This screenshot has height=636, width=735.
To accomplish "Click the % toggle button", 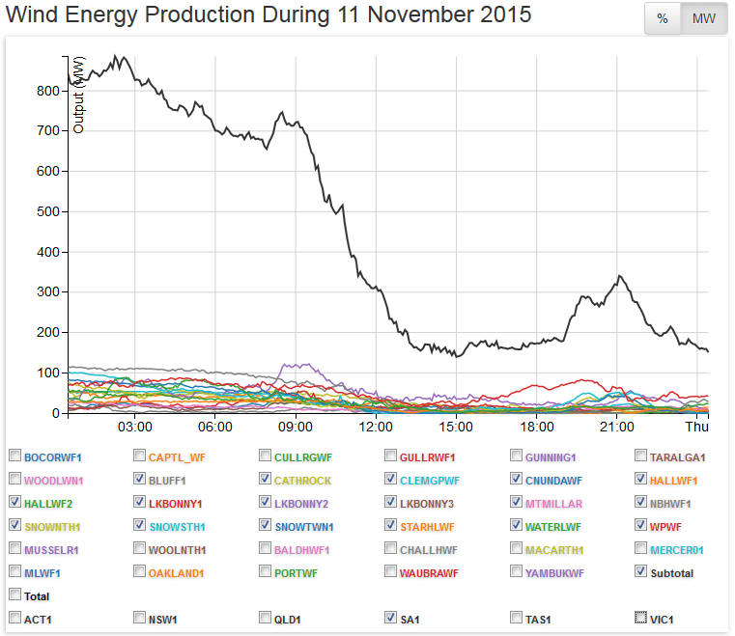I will pos(663,19).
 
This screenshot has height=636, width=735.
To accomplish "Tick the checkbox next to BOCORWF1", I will pos(14,456).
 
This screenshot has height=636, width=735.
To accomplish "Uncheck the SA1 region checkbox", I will pos(390,618).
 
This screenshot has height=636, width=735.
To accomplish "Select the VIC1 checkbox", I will pos(640,618).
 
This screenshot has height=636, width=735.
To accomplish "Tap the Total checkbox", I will pos(14,595).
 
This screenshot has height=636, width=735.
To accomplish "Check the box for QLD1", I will pos(265,618).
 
